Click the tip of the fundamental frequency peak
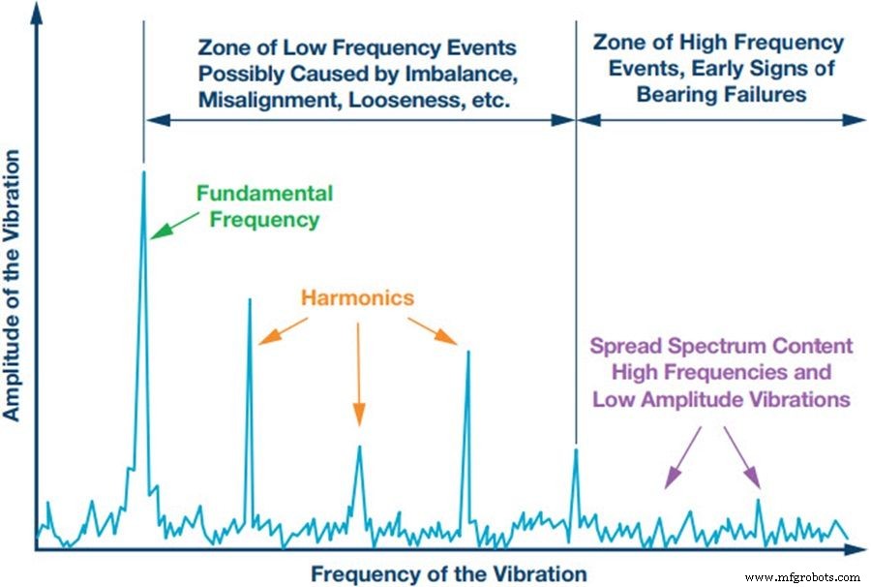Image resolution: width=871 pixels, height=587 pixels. coord(143,173)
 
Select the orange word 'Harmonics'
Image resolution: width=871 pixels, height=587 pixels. coord(357,297)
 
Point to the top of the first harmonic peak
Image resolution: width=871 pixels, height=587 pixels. coord(250,299)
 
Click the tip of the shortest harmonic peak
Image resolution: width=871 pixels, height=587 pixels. coord(359,447)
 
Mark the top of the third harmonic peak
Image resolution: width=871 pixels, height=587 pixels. coord(468,352)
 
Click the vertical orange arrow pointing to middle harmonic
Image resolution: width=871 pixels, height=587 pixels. coord(358,373)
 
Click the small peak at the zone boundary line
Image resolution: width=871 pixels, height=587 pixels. coord(577,449)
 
